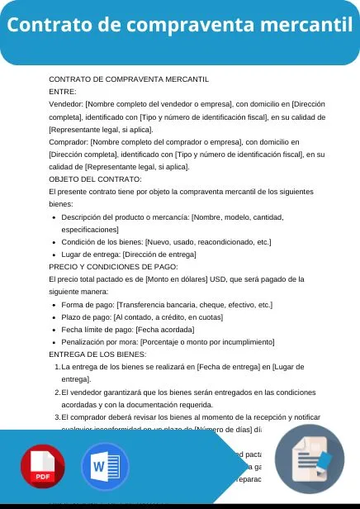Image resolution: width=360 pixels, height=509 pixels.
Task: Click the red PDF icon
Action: coord(43,468)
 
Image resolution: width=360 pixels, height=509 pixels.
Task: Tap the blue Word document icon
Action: coord(105,468)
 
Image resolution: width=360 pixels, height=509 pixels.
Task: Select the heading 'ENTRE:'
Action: coord(63,92)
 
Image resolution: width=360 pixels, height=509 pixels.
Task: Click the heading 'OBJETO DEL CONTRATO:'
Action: coord(95,178)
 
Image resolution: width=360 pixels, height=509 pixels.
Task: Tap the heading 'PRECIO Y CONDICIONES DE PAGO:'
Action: coord(113,267)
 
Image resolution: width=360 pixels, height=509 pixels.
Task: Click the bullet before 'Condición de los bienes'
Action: coord(53,242)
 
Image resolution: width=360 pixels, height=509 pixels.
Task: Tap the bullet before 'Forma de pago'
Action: coord(53,305)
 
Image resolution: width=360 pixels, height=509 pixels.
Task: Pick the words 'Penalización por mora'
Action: coord(99,342)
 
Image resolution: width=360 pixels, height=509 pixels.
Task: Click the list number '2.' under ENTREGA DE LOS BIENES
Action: coord(57,392)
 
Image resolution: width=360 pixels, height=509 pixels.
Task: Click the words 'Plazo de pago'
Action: coord(86,317)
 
